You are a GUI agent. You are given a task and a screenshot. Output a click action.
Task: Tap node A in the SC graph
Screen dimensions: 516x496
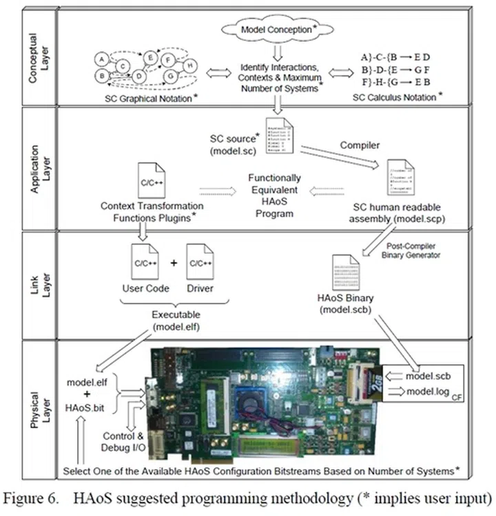click(101, 58)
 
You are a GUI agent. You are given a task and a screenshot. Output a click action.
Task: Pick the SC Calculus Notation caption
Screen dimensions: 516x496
click(394, 98)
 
